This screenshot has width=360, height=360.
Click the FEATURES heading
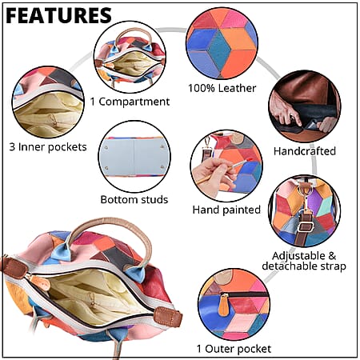[58, 15]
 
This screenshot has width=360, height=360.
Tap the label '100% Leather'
[222, 88]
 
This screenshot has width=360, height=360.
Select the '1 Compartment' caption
[130, 102]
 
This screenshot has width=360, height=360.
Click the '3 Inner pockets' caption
[48, 147]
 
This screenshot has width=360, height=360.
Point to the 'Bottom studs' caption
[134, 199]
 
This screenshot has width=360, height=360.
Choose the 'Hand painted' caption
[226, 210]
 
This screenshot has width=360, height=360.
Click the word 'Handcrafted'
[305, 151]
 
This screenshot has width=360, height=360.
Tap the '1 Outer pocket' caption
[234, 349]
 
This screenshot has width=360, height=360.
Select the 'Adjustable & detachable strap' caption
[304, 261]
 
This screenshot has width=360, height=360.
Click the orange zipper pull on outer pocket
[223, 306]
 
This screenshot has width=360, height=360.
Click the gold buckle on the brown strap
[306, 226]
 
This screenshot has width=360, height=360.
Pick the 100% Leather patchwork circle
[222, 43]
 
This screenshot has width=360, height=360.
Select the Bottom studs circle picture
[134, 157]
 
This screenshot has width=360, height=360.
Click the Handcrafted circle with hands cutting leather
[305, 106]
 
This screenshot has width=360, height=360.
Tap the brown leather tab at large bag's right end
[169, 316]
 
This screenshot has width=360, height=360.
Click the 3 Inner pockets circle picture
[48, 102]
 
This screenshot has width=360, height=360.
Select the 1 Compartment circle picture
[130, 57]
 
